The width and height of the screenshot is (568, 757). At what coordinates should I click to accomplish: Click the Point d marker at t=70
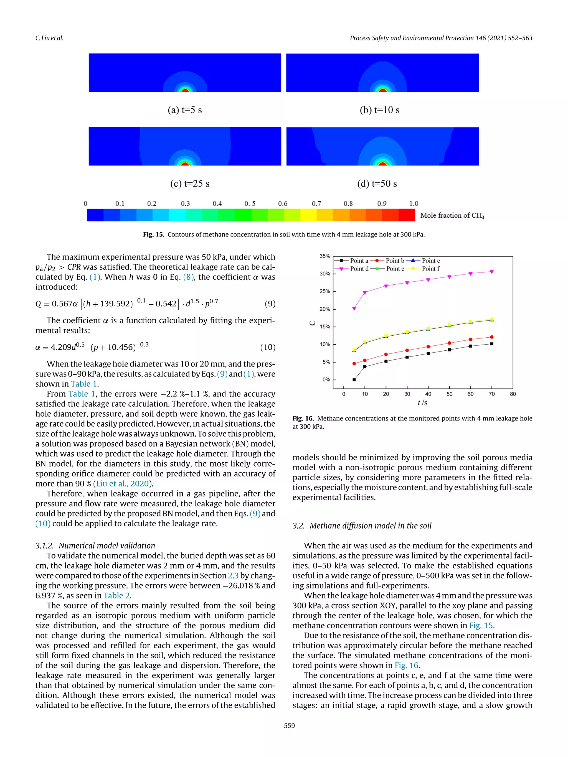492,272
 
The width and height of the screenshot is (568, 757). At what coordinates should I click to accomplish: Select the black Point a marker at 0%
354,379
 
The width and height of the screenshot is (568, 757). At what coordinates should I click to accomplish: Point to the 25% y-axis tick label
324,291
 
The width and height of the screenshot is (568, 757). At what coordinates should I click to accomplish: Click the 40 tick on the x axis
428,394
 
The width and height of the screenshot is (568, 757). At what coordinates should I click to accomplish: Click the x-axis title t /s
422,403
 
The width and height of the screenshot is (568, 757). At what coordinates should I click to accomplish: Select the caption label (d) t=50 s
377,184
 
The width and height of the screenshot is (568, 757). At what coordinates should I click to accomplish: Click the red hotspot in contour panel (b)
382,90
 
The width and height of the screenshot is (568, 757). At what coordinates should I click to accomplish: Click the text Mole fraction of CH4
452,216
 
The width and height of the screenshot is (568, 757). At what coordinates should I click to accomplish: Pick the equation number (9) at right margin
270,304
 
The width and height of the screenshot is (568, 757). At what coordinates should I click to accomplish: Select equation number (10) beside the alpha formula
267,347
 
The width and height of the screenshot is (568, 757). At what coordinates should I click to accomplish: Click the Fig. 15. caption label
153,235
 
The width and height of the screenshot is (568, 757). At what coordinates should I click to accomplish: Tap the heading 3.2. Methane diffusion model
362,526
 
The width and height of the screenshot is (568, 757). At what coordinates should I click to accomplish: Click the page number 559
289,725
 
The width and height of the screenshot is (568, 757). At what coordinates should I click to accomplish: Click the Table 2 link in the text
117,595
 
